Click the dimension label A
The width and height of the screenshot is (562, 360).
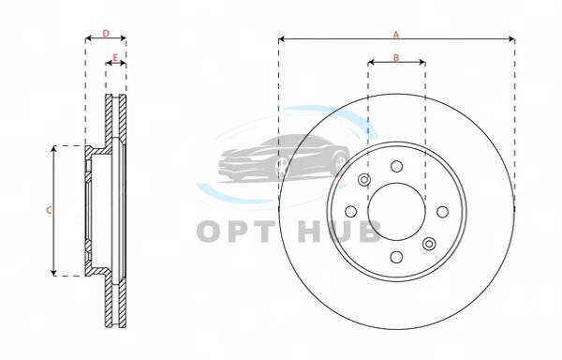tap(396, 35)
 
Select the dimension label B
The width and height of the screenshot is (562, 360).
tap(396, 57)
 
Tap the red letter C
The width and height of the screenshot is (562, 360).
tap(49, 211)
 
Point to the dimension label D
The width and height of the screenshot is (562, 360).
tap(106, 34)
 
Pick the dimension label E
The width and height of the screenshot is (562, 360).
tap(115, 57)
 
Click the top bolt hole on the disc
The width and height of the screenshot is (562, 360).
tap(396, 166)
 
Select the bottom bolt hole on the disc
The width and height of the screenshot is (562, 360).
tap(396, 257)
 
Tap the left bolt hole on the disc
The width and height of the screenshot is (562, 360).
tap(350, 212)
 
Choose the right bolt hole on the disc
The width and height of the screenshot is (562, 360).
tap(443, 212)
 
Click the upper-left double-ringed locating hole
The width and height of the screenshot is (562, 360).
tap(364, 179)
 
